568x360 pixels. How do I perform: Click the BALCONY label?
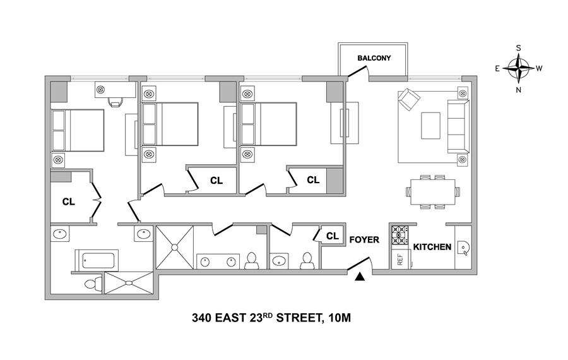[x=374, y=58]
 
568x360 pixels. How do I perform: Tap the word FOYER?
[x=364, y=239]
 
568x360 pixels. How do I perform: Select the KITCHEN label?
[x=432, y=247]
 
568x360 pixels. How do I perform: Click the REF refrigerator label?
[x=400, y=259]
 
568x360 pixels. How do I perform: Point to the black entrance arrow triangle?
[x=359, y=277]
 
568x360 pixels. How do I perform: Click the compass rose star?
[x=519, y=68]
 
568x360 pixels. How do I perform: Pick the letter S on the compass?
[x=518, y=48]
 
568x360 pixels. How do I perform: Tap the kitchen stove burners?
[x=400, y=235]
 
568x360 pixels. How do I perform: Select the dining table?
[x=432, y=192]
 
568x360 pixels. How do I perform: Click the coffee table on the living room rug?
[x=430, y=125]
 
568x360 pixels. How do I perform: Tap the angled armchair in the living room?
[x=409, y=99]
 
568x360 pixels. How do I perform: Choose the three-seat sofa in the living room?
[x=458, y=126]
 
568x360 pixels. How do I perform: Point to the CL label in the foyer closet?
[x=332, y=236]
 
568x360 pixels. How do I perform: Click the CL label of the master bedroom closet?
[x=68, y=202]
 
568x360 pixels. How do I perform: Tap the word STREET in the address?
[x=300, y=318]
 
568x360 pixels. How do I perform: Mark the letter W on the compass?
[x=539, y=68]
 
